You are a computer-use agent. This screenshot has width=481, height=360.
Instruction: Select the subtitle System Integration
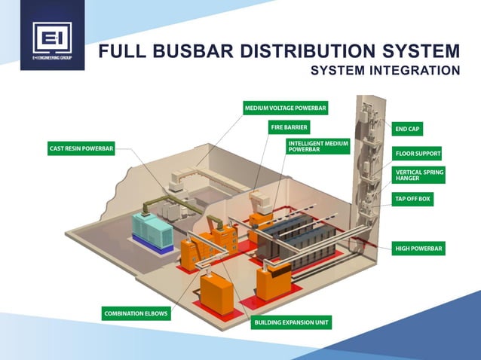[x=384, y=71]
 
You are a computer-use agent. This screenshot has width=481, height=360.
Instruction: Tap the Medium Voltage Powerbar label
[x=285, y=108]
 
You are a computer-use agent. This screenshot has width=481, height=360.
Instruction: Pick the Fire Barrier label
[x=290, y=128]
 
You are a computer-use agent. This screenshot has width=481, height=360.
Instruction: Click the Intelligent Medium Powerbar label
[x=317, y=146]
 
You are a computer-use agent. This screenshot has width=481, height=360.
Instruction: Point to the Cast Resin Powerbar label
[x=81, y=149]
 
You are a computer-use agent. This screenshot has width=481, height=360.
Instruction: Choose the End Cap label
[x=409, y=129]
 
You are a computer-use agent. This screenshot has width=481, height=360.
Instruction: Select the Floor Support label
[x=418, y=153]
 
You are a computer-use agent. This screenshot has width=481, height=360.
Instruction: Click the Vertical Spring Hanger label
[x=418, y=175]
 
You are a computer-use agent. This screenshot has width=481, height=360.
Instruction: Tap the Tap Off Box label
[x=413, y=200]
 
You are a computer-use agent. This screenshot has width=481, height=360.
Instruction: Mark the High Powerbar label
[x=418, y=247]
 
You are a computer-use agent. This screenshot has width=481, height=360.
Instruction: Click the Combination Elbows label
[x=136, y=313]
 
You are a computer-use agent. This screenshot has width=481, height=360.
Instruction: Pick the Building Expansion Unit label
[x=292, y=322]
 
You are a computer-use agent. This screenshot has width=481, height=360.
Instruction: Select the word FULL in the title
[x=121, y=52]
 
